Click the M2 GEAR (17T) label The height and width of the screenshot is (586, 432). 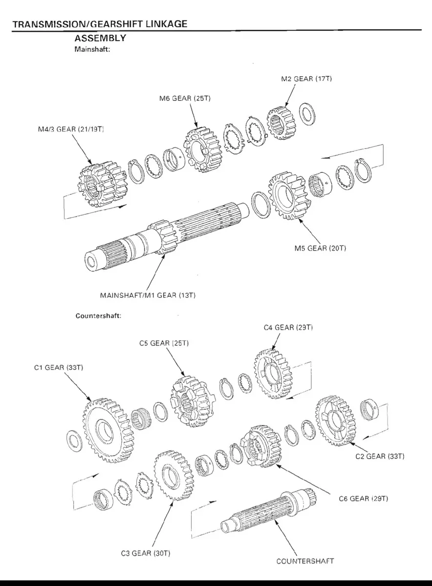(x=306, y=79)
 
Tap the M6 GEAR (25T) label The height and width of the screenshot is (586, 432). (x=185, y=98)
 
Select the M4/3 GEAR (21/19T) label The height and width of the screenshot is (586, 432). (x=71, y=129)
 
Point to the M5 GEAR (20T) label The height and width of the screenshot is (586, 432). (x=320, y=248)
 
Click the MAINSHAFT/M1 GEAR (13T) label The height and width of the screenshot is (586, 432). (x=148, y=295)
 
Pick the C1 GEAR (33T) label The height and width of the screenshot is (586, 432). (x=59, y=368)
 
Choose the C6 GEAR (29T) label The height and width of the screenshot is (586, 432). (x=364, y=499)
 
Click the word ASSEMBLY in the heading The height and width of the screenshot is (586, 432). (x=100, y=38)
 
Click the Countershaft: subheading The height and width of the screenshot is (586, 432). (x=98, y=316)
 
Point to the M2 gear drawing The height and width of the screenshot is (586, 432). (x=281, y=124)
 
